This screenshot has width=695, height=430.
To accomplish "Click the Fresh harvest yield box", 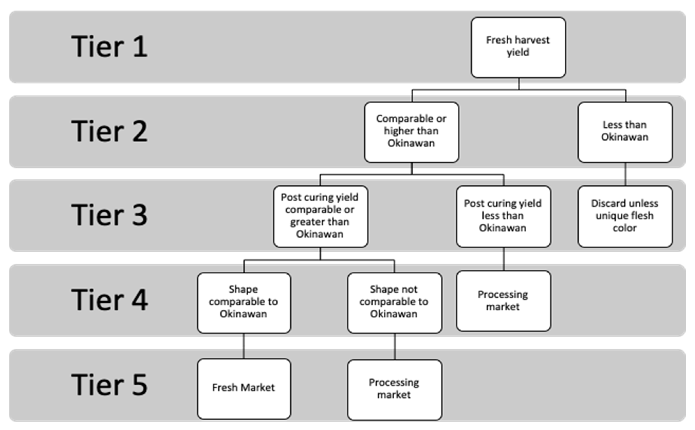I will coord(518,47).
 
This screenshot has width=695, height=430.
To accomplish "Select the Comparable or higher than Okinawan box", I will coord(411,132).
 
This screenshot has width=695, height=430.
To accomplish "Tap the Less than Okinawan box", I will coord(625,132).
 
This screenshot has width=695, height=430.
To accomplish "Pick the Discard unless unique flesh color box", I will coord(625,216).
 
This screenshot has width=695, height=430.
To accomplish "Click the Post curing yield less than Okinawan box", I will coord(503,216).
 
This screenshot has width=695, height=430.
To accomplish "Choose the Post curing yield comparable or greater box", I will coord(320,216).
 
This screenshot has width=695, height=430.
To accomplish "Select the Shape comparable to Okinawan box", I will coord(244,303).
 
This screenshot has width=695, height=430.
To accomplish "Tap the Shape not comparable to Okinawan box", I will coord(394,303).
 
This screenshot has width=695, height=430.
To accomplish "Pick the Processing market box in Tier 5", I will coord(394,389).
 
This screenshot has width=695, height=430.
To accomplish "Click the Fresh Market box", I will coord(244,388).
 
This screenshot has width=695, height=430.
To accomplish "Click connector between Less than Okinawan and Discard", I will coord(625,174).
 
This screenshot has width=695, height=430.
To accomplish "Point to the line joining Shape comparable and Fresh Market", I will coord(243,346).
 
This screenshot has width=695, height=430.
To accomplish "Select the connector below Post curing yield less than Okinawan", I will coord(504,259).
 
